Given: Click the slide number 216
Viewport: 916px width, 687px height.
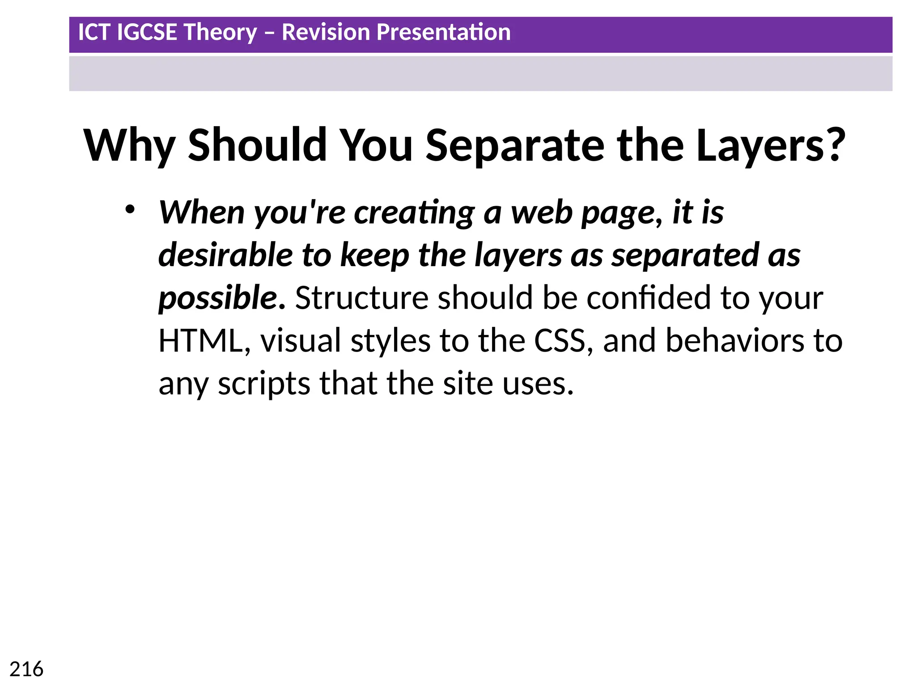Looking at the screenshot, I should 26,670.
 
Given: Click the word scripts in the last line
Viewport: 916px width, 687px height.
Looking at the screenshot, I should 264,384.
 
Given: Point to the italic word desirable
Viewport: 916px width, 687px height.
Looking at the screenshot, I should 225,255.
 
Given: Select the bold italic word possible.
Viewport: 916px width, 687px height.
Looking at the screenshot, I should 222,298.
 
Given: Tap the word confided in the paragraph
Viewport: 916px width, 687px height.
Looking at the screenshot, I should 649,298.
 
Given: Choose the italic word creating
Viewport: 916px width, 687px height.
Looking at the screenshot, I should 414,212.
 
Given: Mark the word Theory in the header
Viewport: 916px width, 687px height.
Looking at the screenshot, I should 220,32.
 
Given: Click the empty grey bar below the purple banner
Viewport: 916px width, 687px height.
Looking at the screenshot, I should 480,73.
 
